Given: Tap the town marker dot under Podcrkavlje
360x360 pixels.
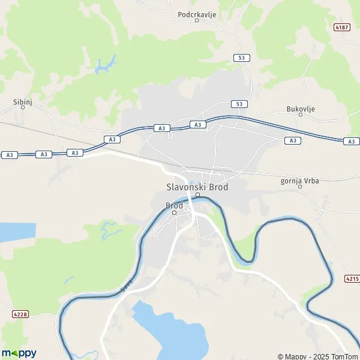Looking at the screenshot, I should click(197, 20).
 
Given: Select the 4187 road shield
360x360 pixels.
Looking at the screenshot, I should click(343, 28).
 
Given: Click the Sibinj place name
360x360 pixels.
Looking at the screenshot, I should click(22, 102).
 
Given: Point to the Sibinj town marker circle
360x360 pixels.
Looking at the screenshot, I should click(23, 110).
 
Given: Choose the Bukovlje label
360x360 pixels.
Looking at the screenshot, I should click(301, 109).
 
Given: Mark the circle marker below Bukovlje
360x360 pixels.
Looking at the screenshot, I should click(301, 117).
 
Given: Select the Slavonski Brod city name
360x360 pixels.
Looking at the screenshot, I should click(197, 187).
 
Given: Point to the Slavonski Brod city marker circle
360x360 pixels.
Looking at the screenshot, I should click(197, 194).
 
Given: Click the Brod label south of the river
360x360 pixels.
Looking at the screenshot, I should click(174, 205).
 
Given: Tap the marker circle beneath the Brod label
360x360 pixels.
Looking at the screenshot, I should click(175, 212).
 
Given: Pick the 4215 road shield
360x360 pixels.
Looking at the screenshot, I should click(352, 278).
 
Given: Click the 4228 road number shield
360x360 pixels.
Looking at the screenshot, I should click(19, 314).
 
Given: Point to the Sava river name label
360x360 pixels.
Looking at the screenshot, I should click(125, 286).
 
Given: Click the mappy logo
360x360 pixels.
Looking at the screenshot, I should click(19, 353).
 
